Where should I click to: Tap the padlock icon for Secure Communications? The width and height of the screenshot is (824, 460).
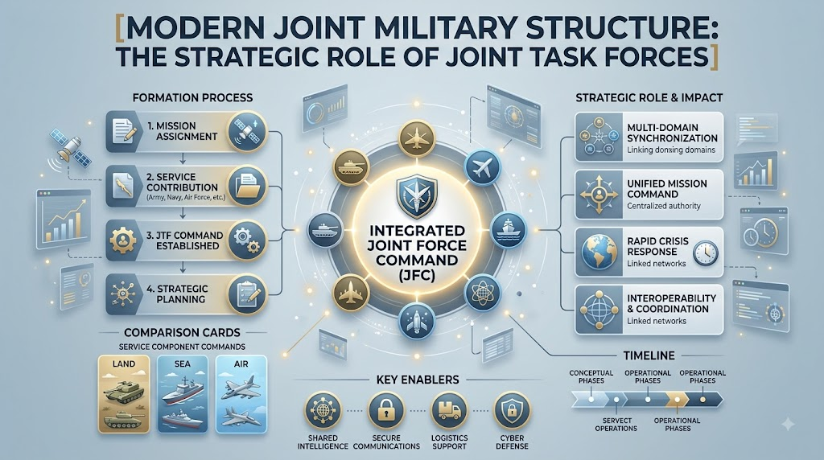pyautogui.click(x=386, y=411)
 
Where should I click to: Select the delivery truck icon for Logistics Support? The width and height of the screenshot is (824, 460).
pyautogui.click(x=449, y=411)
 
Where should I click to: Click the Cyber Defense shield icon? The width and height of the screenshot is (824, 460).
pyautogui.click(x=512, y=411)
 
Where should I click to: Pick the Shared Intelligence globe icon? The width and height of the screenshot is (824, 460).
pyautogui.click(x=323, y=411)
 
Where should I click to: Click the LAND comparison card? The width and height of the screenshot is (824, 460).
pyautogui.click(x=125, y=394)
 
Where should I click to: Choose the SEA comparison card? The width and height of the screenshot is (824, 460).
pyautogui.click(x=183, y=394)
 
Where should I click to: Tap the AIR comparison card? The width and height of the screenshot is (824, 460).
pyautogui.click(x=241, y=394)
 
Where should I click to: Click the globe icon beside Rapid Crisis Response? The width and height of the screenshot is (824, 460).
pyautogui.click(x=599, y=253)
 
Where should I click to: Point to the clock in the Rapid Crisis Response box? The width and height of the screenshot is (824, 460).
pyautogui.click(x=705, y=253)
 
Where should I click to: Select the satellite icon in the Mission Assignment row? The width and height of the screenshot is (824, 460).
pyautogui.click(x=246, y=131)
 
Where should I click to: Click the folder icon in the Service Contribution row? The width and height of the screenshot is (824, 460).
pyautogui.click(x=246, y=186)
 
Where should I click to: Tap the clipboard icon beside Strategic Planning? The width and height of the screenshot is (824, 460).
pyautogui.click(x=246, y=294)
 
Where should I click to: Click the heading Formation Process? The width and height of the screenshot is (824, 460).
pyautogui.click(x=192, y=97)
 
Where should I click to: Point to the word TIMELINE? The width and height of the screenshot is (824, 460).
pyautogui.click(x=649, y=355)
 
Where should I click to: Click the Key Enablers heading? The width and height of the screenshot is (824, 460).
pyautogui.click(x=418, y=380)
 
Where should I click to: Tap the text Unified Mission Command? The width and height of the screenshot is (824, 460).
pyautogui.click(x=667, y=189)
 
